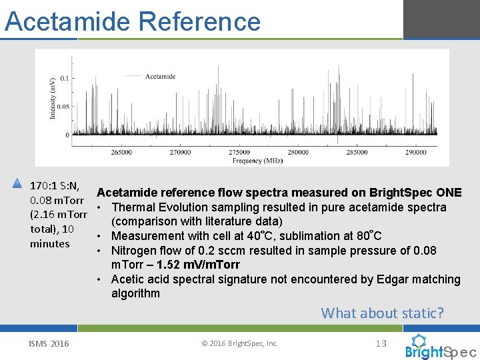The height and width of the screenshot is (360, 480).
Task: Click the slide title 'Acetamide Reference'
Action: pyautogui.click(x=132, y=21)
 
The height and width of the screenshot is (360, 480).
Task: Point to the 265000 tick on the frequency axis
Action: pyautogui.click(x=121, y=152)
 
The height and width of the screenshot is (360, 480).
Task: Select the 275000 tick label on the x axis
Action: pyautogui.click(x=239, y=152)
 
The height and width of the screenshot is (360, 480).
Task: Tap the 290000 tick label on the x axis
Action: pyautogui.click(x=415, y=152)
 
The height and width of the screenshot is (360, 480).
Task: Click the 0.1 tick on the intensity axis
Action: pyautogui.click(x=64, y=79)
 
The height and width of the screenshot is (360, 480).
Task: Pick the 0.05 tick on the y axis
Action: pyautogui.click(x=62, y=107)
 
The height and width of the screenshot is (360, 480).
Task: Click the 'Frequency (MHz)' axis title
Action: pyautogui.click(x=257, y=161)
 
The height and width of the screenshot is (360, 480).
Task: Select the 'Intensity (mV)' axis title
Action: pyautogui.click(x=53, y=98)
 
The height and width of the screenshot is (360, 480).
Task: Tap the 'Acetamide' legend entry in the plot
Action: pyautogui.click(x=160, y=76)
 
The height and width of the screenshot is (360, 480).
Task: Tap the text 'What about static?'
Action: pyautogui.click(x=382, y=313)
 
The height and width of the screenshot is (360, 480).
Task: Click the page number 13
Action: pyautogui.click(x=381, y=343)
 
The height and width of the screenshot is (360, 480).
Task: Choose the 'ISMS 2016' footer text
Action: pyautogui.click(x=49, y=344)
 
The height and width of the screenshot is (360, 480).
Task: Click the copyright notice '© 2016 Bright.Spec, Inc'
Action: pyautogui.click(x=239, y=344)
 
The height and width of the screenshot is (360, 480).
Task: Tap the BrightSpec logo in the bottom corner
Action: pyautogui.click(x=440, y=347)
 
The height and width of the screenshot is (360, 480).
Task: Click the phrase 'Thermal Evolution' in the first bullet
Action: pyautogui.click(x=156, y=207)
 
